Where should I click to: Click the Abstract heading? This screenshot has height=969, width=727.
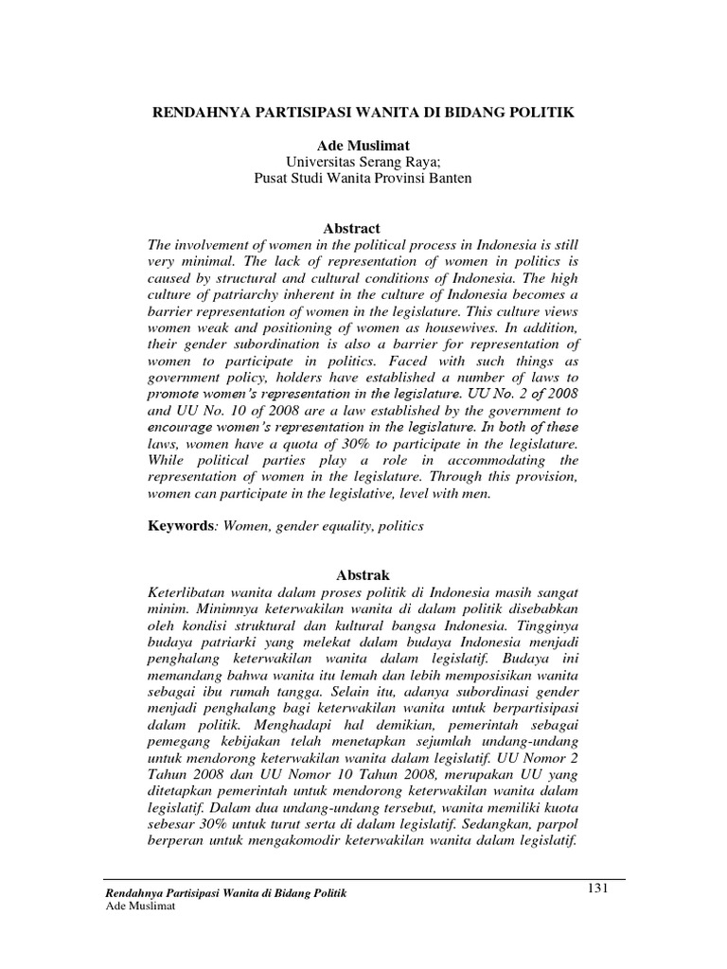click(351, 228)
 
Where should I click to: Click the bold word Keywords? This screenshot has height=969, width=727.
click(180, 525)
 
